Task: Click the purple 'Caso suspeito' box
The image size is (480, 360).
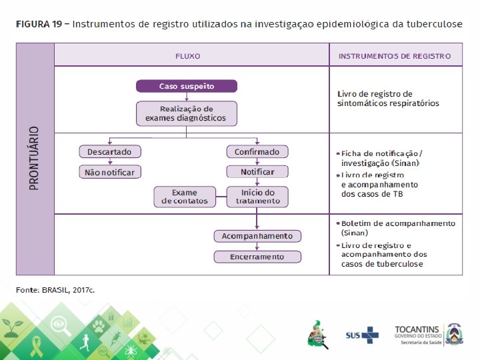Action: pos(186,87)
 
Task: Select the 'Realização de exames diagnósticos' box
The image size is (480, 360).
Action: pos(186,113)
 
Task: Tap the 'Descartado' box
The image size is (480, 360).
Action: pos(109,152)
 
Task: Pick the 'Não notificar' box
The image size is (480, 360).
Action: pos(109,172)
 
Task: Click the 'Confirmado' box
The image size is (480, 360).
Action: pos(257,152)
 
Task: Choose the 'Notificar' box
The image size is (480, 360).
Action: pos(257,172)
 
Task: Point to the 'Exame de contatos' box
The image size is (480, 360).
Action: pos(185,197)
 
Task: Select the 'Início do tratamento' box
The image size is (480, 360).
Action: pos(257,197)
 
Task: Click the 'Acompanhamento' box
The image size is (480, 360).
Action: pos(257,236)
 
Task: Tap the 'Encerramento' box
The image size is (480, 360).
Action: pos(257,257)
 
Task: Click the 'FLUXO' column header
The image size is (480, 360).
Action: pos(187,56)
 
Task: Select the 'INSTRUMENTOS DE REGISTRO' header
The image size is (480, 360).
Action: pos(395,56)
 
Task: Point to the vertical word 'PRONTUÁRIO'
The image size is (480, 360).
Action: pos(35,158)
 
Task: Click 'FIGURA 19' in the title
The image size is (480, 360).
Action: pos(39,25)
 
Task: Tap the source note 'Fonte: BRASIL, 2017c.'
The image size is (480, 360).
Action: pos(55,290)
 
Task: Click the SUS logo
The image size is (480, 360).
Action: pos(361,334)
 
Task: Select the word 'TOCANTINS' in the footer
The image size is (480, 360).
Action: pos(417,329)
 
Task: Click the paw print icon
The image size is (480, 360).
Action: pos(99,326)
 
